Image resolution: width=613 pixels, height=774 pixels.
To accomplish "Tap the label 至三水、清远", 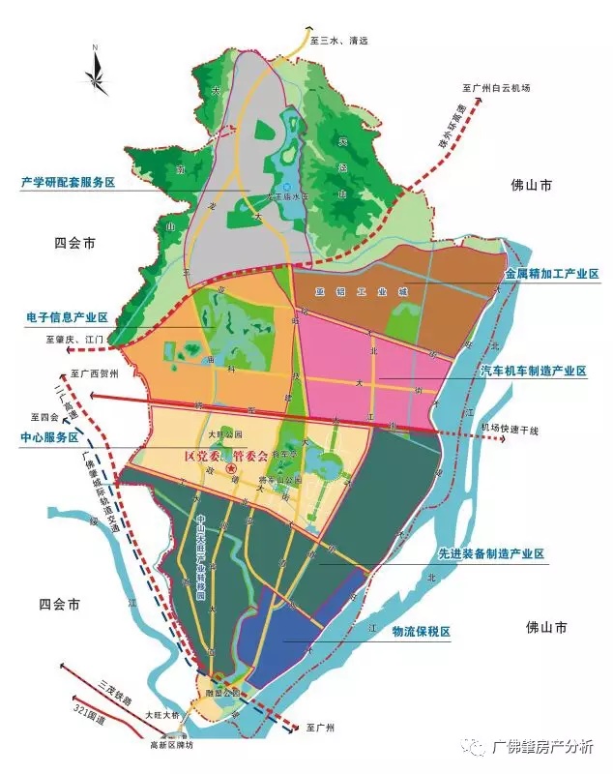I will tap(340, 41).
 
